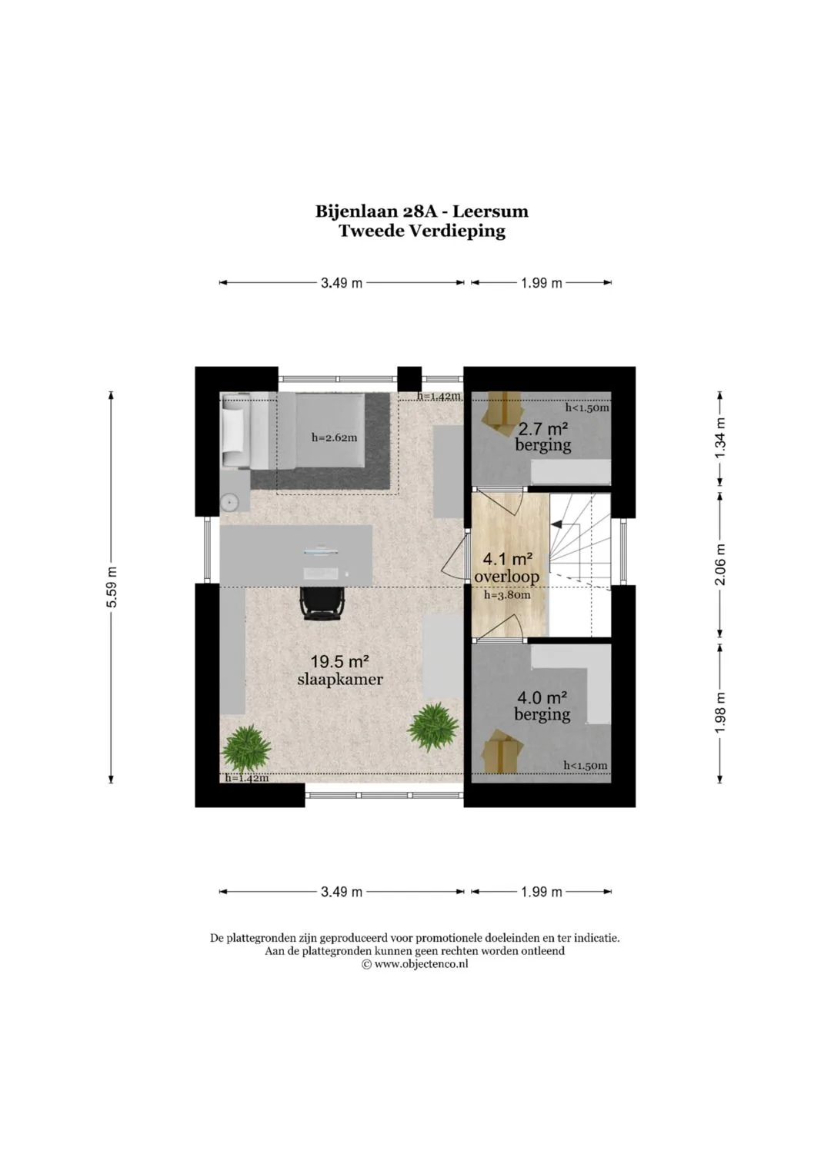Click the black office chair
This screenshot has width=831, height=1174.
pyautogui.click(x=321, y=604)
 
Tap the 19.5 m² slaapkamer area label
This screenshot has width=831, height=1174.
pyautogui.click(x=340, y=670)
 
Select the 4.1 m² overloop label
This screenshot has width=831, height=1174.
pyautogui.click(x=507, y=567)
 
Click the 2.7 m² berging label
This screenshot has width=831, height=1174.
pyautogui.click(x=543, y=437)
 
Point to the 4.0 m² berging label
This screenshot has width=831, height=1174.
pyautogui.click(x=542, y=706)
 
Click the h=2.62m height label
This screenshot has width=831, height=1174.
pyautogui.click(x=334, y=437)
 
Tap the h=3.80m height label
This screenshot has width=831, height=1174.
pyautogui.click(x=507, y=595)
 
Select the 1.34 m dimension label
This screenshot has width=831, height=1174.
pyautogui.click(x=720, y=437)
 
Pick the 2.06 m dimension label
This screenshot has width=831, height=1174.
pyautogui.click(x=720, y=564)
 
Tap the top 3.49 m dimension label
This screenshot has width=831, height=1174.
pyautogui.click(x=342, y=283)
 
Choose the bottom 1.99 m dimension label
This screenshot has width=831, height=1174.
pyautogui.click(x=542, y=892)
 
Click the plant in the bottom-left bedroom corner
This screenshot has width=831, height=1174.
pyautogui.click(x=246, y=748)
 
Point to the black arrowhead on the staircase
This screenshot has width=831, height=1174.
pyautogui.click(x=556, y=523)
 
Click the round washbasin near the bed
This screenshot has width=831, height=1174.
pyautogui.click(x=229, y=502)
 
